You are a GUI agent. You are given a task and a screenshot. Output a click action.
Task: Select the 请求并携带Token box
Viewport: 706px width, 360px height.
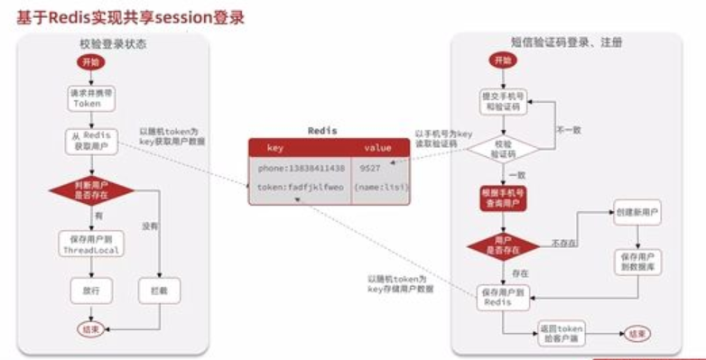(x=88, y=97)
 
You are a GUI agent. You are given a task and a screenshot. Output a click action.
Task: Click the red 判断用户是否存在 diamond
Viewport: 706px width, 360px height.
(x=88, y=189)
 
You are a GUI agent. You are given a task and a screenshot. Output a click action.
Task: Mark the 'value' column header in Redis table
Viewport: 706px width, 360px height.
(x=377, y=147)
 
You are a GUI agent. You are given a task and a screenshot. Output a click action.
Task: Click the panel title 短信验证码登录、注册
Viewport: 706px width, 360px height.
(x=567, y=43)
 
